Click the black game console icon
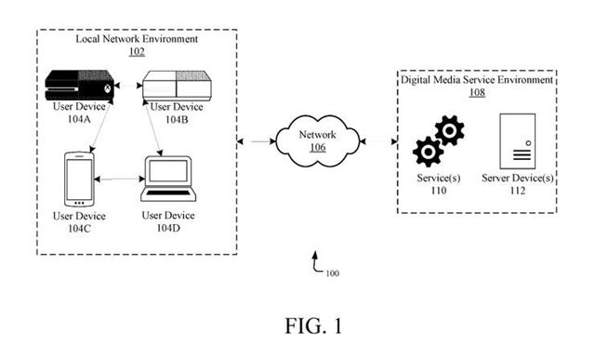point(82,86)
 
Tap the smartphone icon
point(77,179)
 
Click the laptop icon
point(167,180)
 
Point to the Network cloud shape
point(317,140)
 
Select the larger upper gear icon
point(449,131)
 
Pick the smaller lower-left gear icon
point(428,151)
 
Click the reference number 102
point(137,53)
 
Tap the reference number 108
point(477,93)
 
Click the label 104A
point(79,120)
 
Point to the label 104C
point(78,228)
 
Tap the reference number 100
point(333,273)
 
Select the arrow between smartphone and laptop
point(117,179)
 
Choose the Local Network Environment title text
point(137,40)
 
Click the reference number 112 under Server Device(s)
point(517,190)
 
